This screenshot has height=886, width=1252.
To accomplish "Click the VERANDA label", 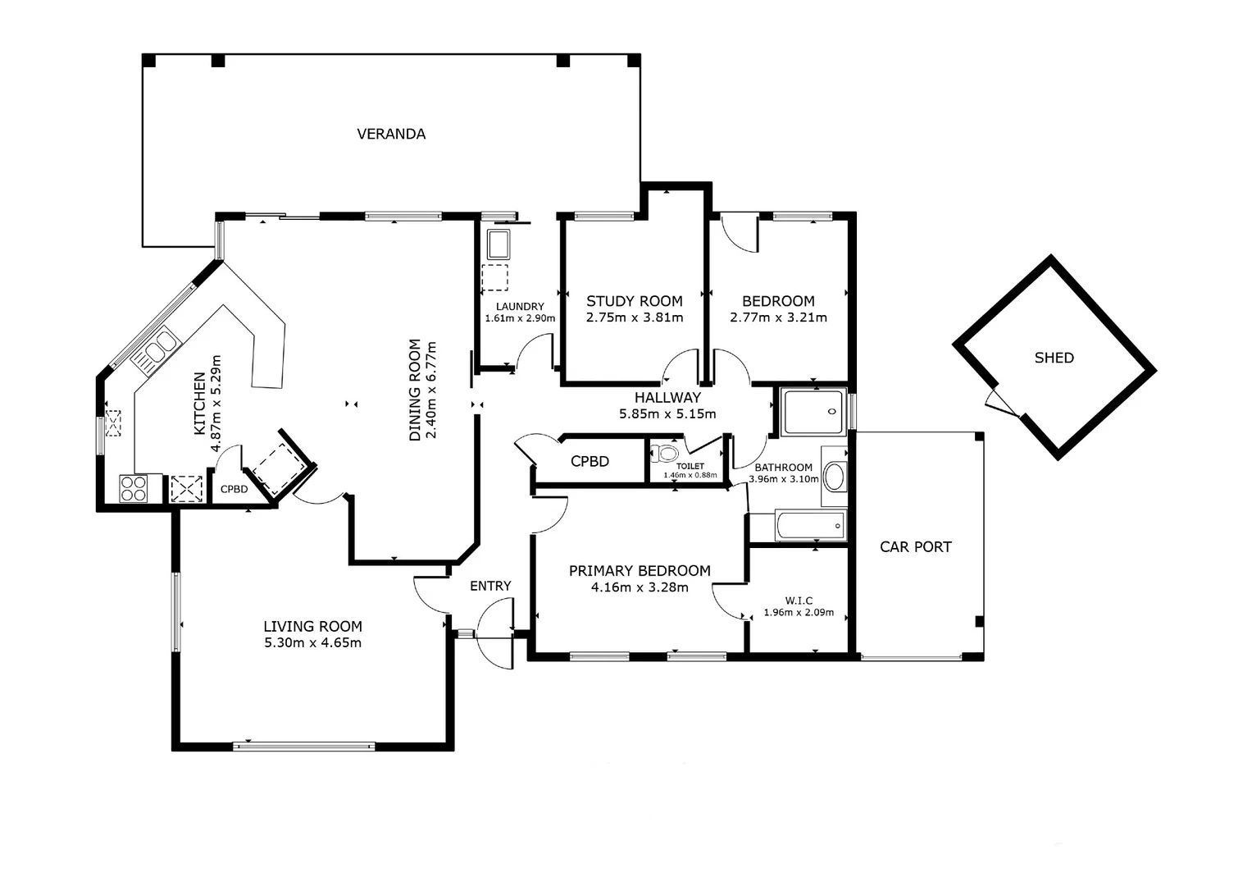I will (x=391, y=134).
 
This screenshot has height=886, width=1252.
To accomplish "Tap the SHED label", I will (x=1054, y=358).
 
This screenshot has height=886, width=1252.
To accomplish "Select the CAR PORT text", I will (x=915, y=546).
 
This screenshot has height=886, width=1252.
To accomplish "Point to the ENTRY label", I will (x=490, y=586).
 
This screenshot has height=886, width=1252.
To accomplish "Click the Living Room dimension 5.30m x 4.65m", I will (x=312, y=643).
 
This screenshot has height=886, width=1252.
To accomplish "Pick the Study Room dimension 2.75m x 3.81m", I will (x=635, y=317).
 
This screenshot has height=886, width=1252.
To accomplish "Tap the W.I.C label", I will (x=799, y=601).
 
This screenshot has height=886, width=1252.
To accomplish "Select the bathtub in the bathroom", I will (x=810, y=525).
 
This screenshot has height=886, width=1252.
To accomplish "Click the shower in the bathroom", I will (x=813, y=412).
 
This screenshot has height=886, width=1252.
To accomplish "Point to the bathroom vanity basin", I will (x=834, y=476).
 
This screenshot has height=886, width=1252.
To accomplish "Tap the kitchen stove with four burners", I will (x=133, y=488).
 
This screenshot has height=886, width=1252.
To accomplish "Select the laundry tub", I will (x=499, y=244).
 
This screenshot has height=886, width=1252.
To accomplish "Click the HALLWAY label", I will (x=667, y=398).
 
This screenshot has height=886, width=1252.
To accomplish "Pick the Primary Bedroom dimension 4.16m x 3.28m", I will (x=640, y=587).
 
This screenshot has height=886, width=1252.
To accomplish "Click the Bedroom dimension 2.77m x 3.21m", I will (x=778, y=317).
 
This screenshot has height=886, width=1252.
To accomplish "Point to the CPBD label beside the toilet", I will (x=590, y=461).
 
